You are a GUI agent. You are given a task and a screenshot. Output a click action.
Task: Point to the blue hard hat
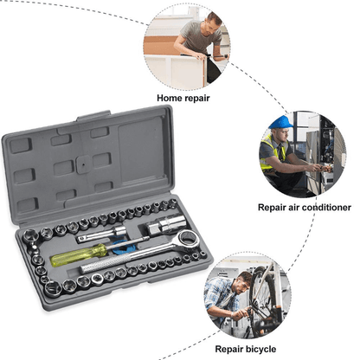coord(279,122)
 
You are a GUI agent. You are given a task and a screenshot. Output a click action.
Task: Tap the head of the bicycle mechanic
coord(244,279)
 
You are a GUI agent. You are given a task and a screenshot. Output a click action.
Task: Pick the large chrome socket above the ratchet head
coord(158,225)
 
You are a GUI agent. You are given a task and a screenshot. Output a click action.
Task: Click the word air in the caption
coord(290,208)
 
